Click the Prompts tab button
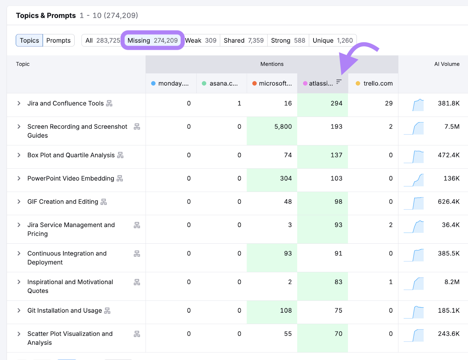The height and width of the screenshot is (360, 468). point(58,40)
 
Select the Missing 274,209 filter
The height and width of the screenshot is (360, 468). point(152,40)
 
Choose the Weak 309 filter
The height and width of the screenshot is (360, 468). point(201,40)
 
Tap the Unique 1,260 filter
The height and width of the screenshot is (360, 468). point(333,40)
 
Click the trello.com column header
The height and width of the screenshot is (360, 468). point(378,83)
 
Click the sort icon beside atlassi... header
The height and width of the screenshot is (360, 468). point(339,82)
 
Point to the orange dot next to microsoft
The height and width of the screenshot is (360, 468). point(254,84)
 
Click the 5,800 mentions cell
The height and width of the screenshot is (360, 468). point(283,127)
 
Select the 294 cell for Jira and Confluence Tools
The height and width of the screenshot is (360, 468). point(336,103)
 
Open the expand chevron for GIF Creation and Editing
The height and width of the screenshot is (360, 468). point(19,202)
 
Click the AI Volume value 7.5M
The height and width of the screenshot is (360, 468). point(452,127)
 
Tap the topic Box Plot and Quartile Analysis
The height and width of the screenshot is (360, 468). point(71,155)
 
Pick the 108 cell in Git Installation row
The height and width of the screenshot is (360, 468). point(286,310)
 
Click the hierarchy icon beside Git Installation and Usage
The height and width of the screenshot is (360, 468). point(107,311)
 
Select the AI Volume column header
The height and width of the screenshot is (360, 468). point(447,64)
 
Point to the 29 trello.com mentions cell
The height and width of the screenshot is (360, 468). point(388,103)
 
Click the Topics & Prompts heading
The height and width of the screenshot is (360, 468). point(46,15)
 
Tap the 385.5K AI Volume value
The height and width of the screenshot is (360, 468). point(448,253)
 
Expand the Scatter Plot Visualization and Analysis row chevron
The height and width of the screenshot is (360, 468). point(19,334)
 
